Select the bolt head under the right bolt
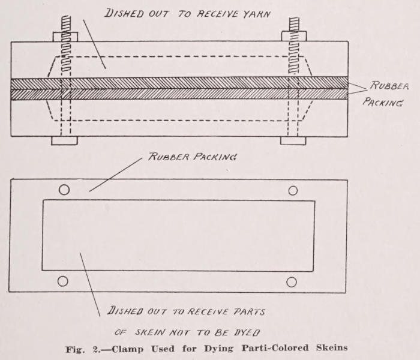[293, 141]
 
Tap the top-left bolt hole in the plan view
[64, 190]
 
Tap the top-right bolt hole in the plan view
[293, 190]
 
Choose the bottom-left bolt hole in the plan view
[63, 281]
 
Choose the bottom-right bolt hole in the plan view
[292, 281]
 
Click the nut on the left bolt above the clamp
[65, 37]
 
